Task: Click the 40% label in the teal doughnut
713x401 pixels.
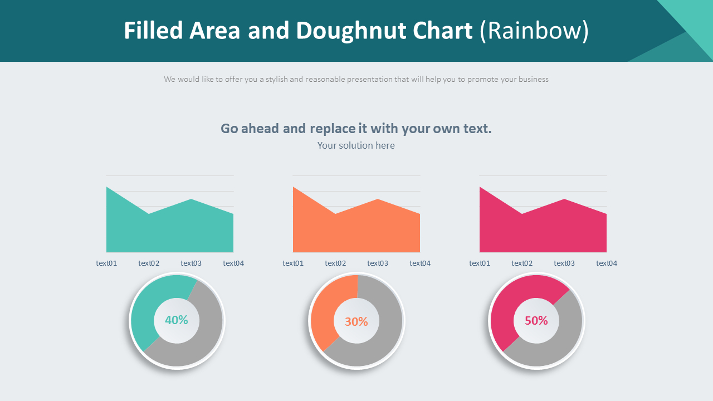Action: tap(177, 320)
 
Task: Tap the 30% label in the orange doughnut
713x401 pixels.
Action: tap(356, 321)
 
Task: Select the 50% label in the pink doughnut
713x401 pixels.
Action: tap(536, 321)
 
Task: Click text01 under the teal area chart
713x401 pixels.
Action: tap(106, 263)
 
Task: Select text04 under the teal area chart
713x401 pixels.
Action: tap(233, 263)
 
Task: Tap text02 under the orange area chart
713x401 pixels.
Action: tap(335, 263)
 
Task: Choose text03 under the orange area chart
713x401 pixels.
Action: tap(378, 263)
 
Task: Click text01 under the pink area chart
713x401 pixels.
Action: tap(480, 263)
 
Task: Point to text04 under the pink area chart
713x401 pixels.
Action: tap(607, 263)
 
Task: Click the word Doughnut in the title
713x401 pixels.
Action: tap(384, 31)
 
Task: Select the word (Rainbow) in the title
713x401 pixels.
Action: tap(534, 31)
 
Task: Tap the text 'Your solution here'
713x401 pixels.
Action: tap(356, 145)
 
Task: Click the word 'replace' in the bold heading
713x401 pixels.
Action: tap(333, 129)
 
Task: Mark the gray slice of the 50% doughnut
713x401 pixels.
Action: tap(557, 340)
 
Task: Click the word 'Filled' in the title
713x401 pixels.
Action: tap(153, 31)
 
